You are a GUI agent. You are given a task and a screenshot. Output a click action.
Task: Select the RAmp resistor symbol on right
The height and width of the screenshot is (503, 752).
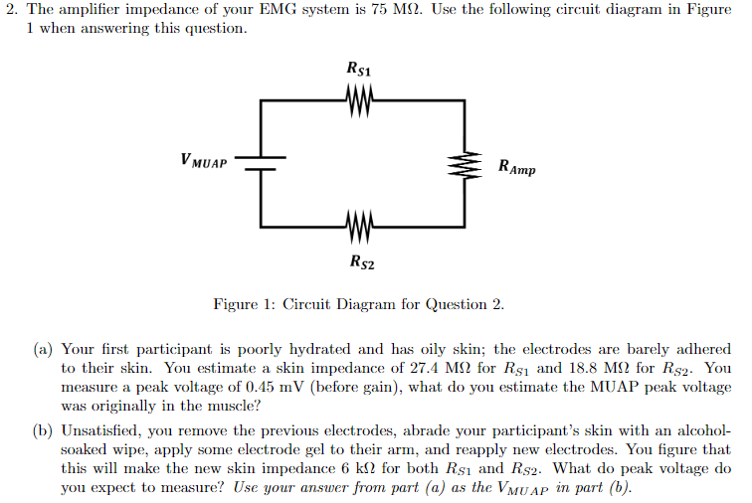(464, 166)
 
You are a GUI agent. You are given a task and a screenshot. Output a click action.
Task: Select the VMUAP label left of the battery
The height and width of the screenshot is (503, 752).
(204, 159)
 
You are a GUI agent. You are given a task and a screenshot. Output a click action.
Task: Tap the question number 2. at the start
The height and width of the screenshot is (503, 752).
(11, 10)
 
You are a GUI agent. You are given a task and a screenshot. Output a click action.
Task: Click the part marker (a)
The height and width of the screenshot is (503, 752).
(43, 350)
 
